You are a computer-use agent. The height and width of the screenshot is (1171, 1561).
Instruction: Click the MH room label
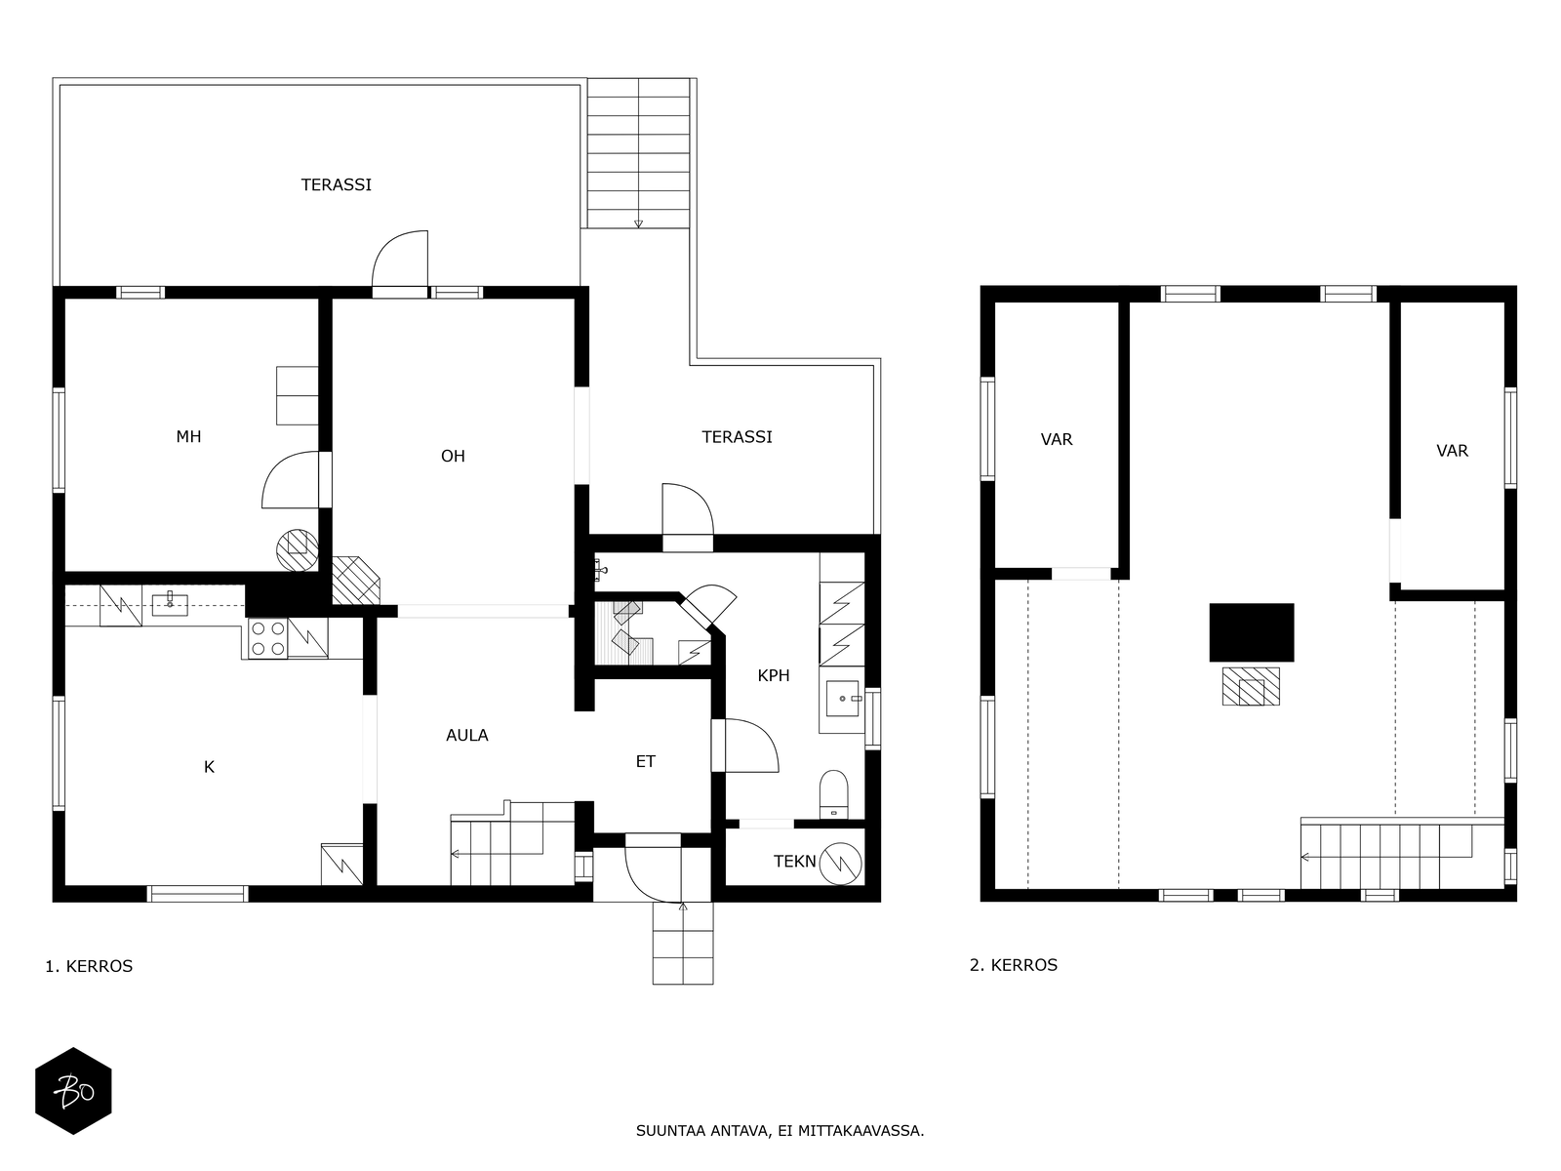(188, 436)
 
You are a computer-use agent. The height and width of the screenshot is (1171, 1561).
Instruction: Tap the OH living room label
(453, 456)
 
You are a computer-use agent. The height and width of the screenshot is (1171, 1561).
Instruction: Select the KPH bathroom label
(774, 675)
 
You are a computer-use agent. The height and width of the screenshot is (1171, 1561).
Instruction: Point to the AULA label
(467, 735)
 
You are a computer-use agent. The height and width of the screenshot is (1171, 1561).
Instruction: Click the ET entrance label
(646, 761)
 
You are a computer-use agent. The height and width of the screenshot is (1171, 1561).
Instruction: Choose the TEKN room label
(795, 861)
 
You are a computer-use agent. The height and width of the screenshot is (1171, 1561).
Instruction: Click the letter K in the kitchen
(209, 766)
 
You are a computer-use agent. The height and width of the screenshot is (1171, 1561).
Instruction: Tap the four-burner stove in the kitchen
(267, 638)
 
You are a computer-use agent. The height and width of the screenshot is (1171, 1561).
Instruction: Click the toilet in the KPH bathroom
(834, 795)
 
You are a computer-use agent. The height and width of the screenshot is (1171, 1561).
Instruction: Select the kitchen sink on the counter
(170, 605)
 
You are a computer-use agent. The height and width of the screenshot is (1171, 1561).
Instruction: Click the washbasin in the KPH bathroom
(843, 698)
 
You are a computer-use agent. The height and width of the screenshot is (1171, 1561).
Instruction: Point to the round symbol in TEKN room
(841, 864)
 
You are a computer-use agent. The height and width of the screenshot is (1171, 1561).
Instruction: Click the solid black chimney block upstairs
(1252, 632)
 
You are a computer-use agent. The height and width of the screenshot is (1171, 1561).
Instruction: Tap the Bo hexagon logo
(73, 1091)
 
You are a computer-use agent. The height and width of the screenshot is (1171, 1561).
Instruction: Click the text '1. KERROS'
(89, 966)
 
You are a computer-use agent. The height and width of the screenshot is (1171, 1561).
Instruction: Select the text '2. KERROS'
(1014, 965)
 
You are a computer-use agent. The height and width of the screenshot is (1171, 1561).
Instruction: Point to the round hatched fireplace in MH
(298, 550)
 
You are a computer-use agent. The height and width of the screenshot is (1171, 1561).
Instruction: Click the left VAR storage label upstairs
(1057, 439)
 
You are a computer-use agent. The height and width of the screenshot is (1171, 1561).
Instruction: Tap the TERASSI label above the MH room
(337, 184)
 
